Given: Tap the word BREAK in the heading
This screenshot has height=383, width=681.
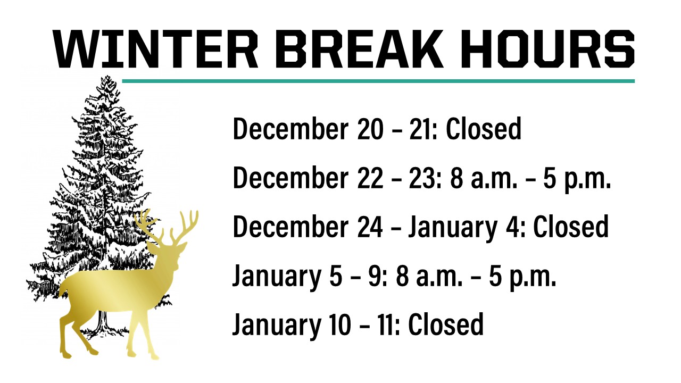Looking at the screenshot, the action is point(358,48).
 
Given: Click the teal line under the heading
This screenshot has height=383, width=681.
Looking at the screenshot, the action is point(378,81).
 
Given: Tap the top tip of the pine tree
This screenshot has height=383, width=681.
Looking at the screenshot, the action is point(107,76).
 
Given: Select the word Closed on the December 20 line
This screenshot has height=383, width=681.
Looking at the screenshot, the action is point(484,129).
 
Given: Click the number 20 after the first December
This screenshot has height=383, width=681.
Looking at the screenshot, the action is point(370,129).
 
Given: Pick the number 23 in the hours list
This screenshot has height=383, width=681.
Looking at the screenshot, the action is point(422,178).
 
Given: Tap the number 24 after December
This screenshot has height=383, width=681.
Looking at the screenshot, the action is point(370,227).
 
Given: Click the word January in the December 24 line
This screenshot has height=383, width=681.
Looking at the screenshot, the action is point(452,229).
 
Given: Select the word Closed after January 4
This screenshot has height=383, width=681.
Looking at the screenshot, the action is point(571,227).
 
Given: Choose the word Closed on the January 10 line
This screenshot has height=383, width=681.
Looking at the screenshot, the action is point(446,324).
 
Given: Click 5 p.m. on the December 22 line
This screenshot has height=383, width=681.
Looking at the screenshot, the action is point(577,179).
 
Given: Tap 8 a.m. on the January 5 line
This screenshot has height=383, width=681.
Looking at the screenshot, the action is point(429,276).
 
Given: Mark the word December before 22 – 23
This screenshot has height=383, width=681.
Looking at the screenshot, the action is point(290,178).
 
